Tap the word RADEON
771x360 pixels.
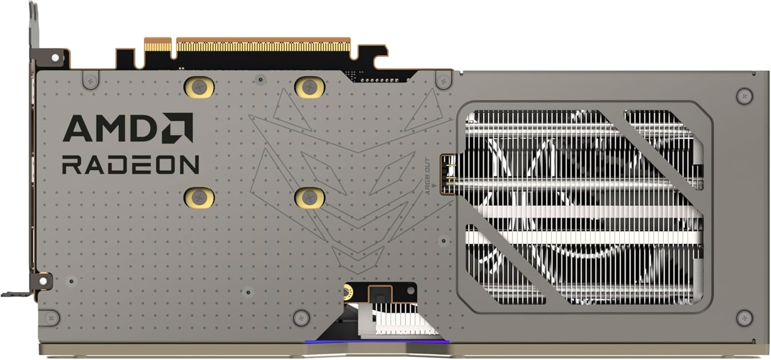pos(130,165)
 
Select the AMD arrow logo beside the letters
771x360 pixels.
pos(177,128)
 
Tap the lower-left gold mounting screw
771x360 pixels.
pos(199,197)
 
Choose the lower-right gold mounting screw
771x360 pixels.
pos(309,197)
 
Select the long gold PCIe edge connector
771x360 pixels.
pos(263,45)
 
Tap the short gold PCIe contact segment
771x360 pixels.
pos(157,45)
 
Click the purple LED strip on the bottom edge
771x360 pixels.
pos(376,341)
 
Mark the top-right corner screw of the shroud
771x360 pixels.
pos(744,96)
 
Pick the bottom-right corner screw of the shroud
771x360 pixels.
pos(744,317)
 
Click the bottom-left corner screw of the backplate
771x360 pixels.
pos(51,318)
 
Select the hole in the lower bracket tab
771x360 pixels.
pos(43,281)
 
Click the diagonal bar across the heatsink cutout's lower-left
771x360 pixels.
pos(514,257)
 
